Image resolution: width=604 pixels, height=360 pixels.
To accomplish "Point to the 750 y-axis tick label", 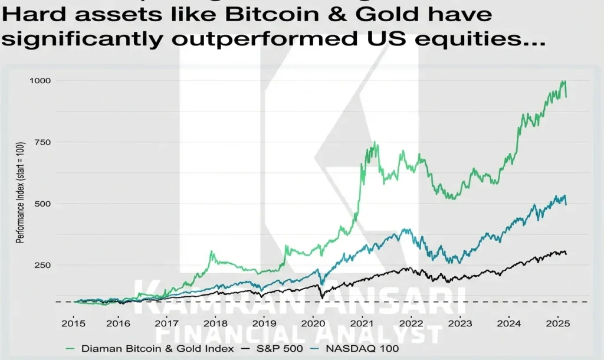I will (x=42, y=142).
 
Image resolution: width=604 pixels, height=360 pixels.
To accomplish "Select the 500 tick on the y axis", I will (x=42, y=204).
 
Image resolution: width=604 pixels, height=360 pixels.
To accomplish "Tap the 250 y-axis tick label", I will (x=42, y=265).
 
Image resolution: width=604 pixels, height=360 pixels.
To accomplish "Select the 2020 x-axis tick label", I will (x=313, y=323).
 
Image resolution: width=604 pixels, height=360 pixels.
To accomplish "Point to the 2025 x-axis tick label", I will (x=557, y=323).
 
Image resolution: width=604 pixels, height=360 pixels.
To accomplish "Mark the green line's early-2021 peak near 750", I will (x=375, y=142).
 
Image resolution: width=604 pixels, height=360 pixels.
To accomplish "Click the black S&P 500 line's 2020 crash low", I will (x=320, y=297).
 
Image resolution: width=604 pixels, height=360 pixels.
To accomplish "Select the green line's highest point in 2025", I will (x=564, y=81).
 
